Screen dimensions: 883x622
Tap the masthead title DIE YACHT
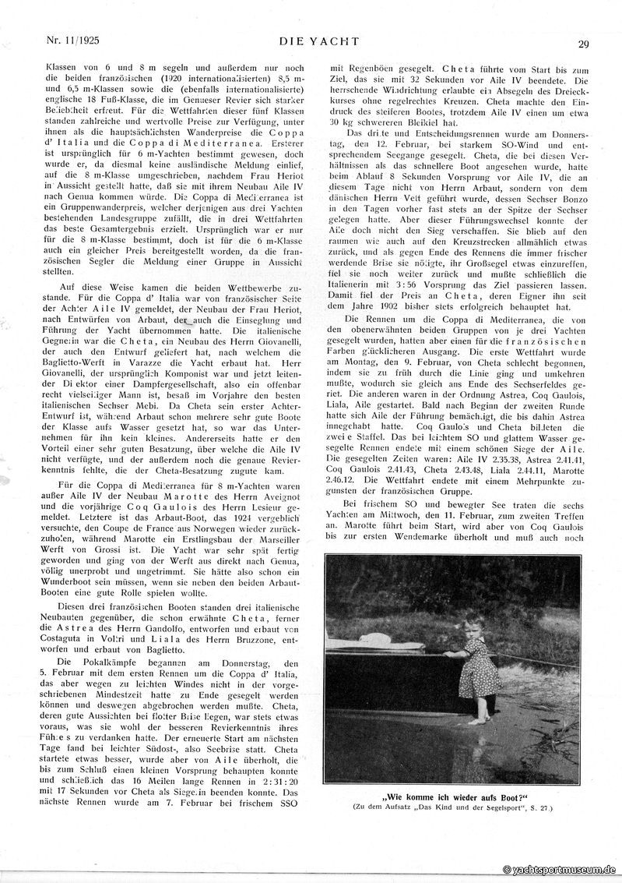pyautogui.click(x=311, y=39)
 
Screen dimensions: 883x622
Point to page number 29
pyautogui.click(x=583, y=44)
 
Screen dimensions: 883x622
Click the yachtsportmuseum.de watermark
pyautogui.click(x=560, y=870)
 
